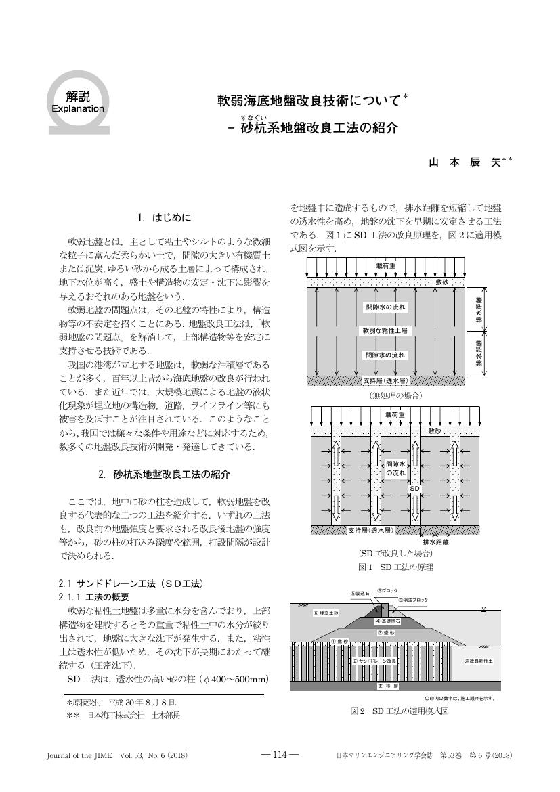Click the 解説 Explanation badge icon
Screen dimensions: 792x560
[78, 102]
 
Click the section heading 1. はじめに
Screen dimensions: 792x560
[165, 218]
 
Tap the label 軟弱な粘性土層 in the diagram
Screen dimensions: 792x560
[385, 331]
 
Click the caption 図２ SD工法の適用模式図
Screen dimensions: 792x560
[400, 711]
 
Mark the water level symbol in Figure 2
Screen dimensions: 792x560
[483, 609]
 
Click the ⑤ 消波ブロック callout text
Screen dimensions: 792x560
[413, 600]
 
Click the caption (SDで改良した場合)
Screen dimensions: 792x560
[396, 554]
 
